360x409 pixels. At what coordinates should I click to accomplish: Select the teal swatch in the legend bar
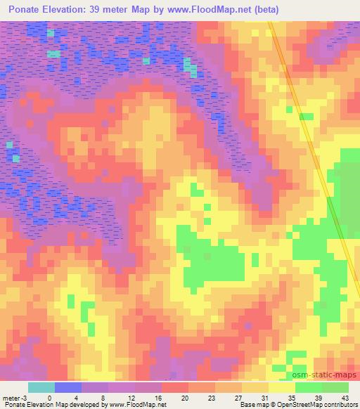pyautogui.click(x=41, y=387)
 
